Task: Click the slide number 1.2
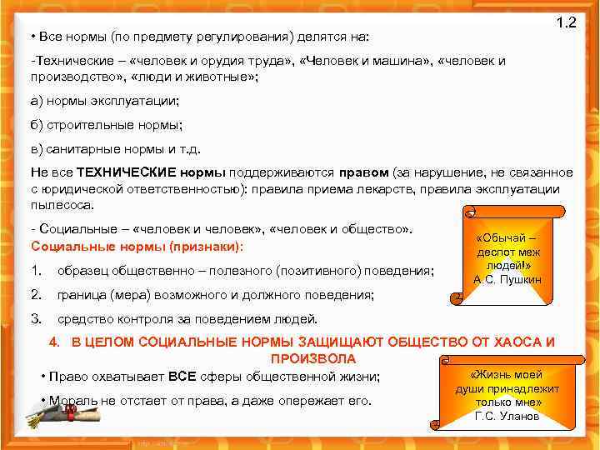point(566,23)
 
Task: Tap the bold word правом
point(363,172)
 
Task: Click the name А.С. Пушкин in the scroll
point(507,279)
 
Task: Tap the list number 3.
point(36,318)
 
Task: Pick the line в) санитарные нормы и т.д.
point(116,150)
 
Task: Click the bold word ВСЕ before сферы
point(182,377)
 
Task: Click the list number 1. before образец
point(36,270)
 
